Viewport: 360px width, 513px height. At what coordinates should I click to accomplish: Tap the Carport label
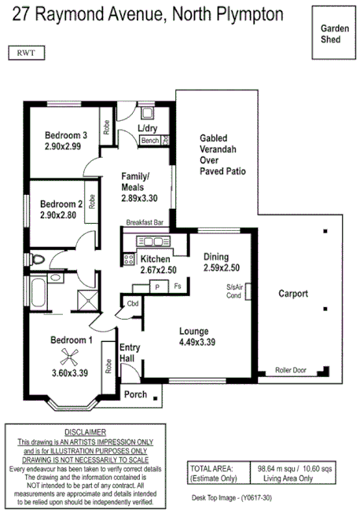tap(293, 294)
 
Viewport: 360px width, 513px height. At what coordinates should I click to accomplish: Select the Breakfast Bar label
tap(144, 223)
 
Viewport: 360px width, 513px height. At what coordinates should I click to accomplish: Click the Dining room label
tap(216, 256)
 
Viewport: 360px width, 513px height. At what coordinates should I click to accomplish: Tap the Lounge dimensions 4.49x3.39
tap(197, 342)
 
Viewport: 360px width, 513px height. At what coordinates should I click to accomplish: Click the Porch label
tap(135, 394)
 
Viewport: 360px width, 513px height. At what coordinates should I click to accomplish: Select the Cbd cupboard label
tap(132, 304)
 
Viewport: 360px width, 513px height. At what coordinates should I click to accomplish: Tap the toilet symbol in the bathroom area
tap(35, 258)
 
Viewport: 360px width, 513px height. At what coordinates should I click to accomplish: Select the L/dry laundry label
tap(148, 128)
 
